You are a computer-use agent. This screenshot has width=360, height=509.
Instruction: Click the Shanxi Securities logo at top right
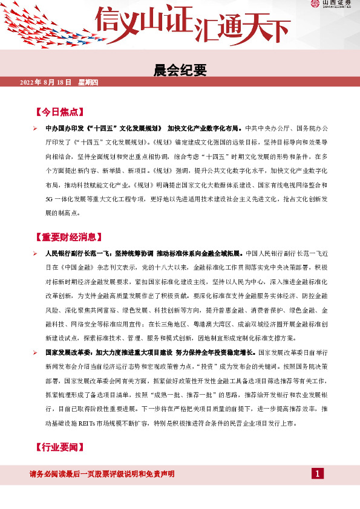332,5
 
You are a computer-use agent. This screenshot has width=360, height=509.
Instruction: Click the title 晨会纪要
180,71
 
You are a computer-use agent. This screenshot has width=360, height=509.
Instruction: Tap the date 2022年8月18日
46,82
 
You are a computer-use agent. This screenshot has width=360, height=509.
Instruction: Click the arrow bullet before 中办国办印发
35,129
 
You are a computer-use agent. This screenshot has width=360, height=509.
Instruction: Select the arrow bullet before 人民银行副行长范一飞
35,253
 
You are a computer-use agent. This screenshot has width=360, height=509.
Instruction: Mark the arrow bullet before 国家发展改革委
35,352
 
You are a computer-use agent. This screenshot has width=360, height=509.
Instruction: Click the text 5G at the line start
50,199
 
